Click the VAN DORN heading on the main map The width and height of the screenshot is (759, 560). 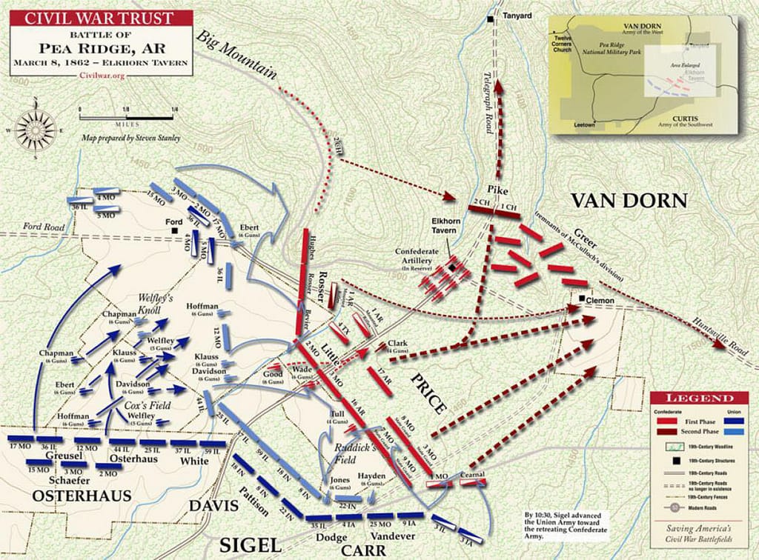[x=628, y=200]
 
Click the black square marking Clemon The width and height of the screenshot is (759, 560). [x=580, y=300]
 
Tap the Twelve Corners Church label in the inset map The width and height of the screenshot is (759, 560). [x=563, y=44]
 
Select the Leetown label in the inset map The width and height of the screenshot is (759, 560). [x=584, y=125]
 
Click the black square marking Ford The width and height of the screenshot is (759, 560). [x=173, y=230]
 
